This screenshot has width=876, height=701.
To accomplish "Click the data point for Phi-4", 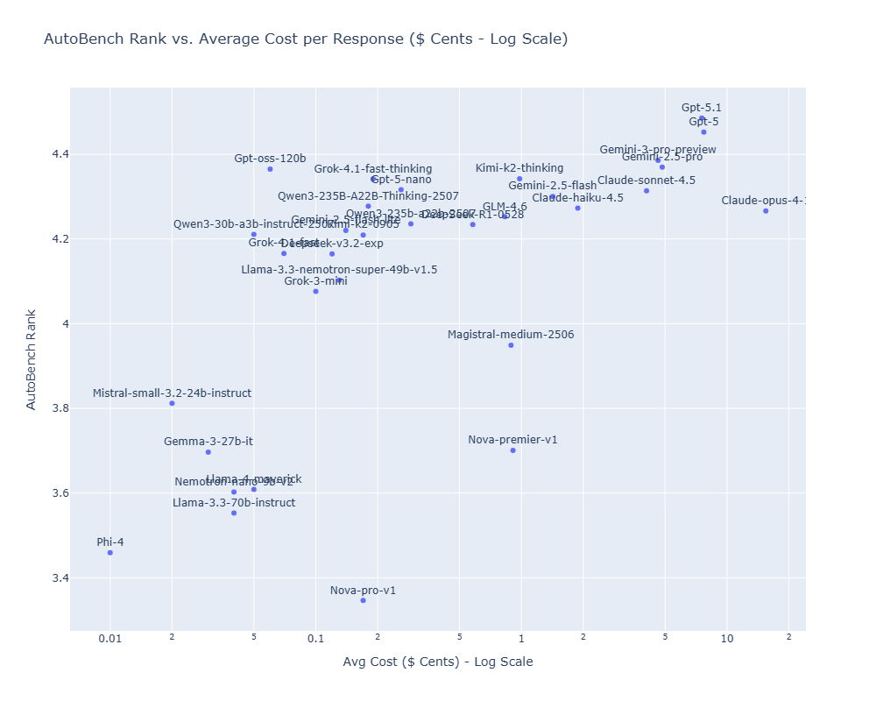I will [109, 552].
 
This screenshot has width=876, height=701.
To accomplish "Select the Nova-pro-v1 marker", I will [363, 600].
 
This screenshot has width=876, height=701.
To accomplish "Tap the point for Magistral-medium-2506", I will [511, 345].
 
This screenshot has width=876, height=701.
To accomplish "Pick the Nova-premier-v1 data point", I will [512, 450].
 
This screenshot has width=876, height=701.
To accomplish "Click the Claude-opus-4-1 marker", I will [766, 211].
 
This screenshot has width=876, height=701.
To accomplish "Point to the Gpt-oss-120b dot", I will [270, 169].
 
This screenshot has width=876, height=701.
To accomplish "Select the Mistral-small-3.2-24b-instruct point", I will [172, 403].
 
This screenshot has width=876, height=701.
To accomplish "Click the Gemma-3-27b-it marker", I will [208, 452].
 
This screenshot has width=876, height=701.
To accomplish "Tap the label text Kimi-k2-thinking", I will [519, 168].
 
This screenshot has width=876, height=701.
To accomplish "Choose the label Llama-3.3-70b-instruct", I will [234, 503].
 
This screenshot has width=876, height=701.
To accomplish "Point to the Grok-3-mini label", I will [315, 281].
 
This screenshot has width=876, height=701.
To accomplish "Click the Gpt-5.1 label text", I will [702, 108].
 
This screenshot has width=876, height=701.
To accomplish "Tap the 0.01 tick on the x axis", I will [109, 639].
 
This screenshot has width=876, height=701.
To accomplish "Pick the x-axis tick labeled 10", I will [727, 639].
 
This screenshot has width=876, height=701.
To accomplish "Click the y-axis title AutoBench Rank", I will [32, 359].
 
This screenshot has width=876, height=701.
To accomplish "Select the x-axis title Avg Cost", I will [438, 662].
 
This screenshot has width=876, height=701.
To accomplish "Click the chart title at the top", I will [306, 39].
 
